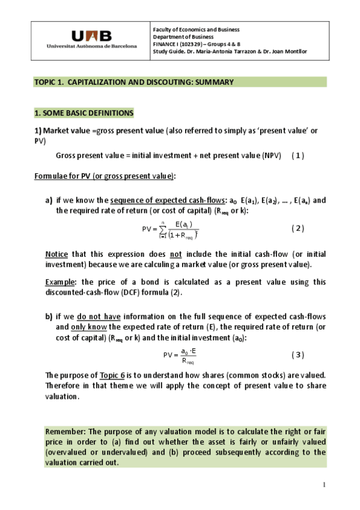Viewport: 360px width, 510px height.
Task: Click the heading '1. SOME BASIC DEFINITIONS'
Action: click(x=84, y=112)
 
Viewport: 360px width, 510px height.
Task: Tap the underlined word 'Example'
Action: click(x=61, y=281)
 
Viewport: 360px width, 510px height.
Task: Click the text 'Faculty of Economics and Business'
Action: click(x=196, y=29)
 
